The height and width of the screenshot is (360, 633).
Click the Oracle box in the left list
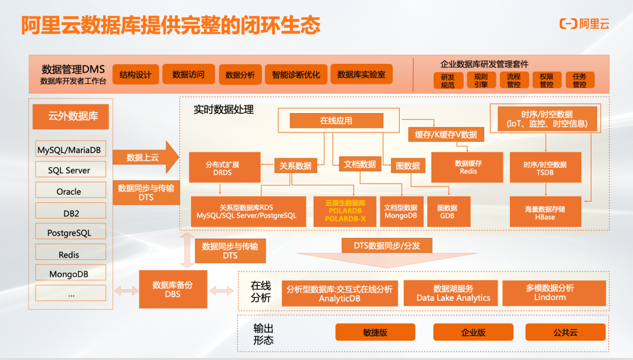coord(69,191)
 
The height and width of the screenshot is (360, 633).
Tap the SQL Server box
coord(69,170)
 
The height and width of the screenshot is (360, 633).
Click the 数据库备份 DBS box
coord(172,289)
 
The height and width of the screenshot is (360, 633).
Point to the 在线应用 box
coord(336,121)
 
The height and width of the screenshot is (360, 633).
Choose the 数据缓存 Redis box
coord(468,167)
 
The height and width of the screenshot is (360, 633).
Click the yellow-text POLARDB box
coord(345,211)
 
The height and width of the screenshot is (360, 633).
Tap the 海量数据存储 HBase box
coord(544,212)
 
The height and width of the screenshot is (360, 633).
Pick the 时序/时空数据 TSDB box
coord(544,168)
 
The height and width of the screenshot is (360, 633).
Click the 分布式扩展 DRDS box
coord(222,168)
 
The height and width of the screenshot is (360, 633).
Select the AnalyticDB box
coord(339,293)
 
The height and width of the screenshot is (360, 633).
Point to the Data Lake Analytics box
coord(453,293)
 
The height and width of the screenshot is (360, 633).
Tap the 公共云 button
coord(565,332)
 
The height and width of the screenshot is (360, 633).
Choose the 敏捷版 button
coord(375,332)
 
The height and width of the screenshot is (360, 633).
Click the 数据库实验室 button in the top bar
coord(361,74)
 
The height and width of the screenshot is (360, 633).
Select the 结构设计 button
coord(135,74)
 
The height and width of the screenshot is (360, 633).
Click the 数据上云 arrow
coord(144,157)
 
